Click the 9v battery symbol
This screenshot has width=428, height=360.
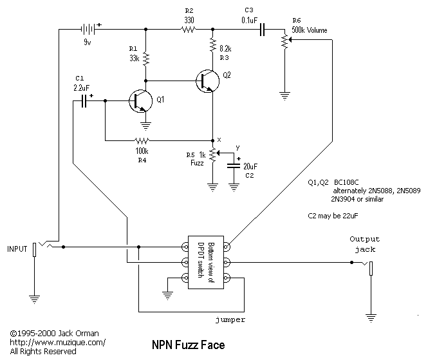88,29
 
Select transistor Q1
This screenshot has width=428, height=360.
140,101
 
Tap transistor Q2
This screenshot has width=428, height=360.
207,81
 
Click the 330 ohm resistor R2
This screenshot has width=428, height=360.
189,29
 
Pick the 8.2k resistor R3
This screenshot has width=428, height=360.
212,45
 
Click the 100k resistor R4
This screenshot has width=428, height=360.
142,140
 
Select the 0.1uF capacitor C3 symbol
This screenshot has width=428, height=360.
262,29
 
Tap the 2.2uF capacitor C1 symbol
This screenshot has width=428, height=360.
84,101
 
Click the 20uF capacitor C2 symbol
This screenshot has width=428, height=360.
234,166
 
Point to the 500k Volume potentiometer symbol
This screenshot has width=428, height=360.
286,41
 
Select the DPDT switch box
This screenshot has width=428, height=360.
206,263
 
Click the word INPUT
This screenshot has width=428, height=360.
17,249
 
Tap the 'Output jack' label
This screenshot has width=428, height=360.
365,245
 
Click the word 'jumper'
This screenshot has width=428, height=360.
230,320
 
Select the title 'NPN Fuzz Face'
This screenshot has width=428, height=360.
189,345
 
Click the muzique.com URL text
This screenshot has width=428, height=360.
57,343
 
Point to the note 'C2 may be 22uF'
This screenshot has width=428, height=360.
333,216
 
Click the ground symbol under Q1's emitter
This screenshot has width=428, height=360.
145,126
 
